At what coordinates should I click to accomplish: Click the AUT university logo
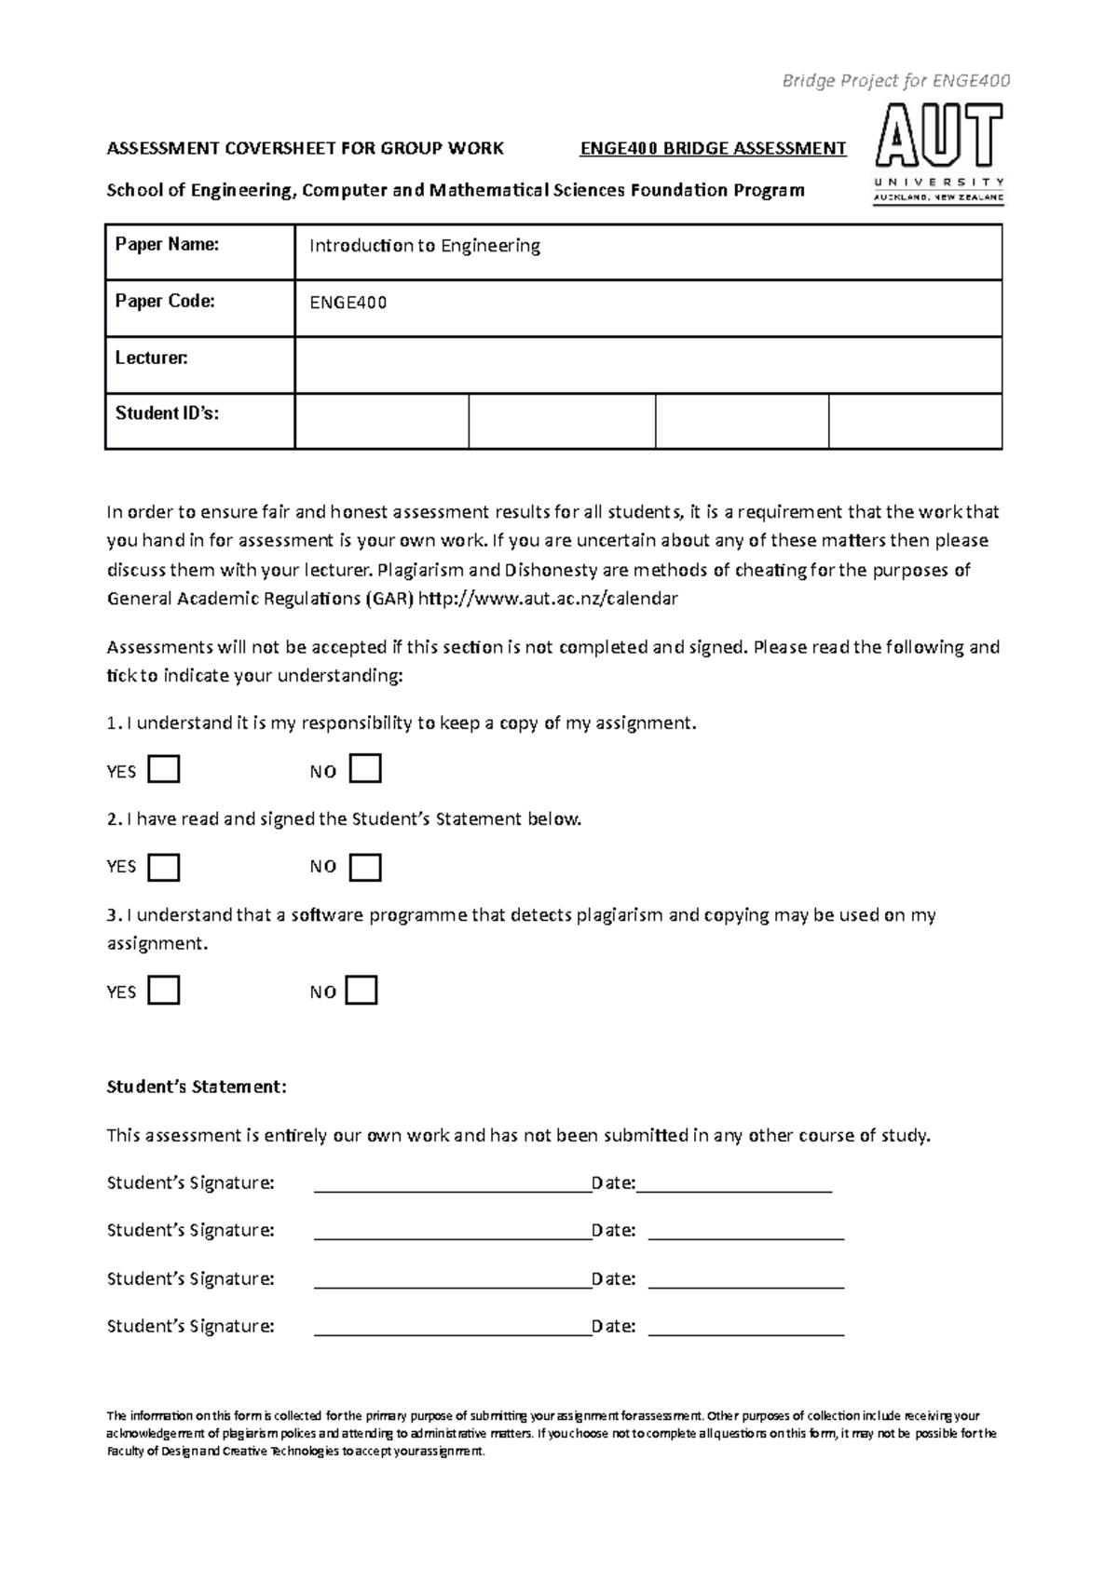point(939,154)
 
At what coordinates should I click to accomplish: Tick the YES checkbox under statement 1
point(164,770)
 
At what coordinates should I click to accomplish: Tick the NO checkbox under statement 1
point(366,770)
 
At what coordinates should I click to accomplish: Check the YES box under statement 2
point(164,867)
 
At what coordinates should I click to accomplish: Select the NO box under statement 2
point(366,867)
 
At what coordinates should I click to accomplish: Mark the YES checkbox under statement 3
point(164,991)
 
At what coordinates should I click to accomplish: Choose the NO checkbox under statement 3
point(361,991)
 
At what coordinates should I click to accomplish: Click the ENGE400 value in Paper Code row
point(348,304)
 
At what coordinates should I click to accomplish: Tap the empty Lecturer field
point(648,365)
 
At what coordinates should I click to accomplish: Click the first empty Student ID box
point(381,421)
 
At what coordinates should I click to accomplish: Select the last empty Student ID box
point(915,421)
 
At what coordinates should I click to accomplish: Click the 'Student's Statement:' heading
point(197,1087)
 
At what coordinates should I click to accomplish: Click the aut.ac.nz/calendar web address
point(549,599)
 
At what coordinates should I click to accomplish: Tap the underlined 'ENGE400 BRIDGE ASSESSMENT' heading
point(713,148)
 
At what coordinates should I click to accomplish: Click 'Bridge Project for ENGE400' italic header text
point(895,81)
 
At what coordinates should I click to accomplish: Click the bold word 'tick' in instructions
point(121,676)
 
